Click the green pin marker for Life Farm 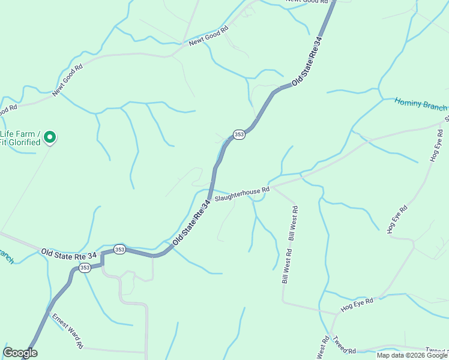pos(50,137)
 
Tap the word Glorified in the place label pos(25,142)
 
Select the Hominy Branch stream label pos(420,104)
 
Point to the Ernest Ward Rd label pos(67,331)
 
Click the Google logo pos(20,353)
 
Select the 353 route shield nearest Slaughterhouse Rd pos(239,134)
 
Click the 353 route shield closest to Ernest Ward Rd pos(85,268)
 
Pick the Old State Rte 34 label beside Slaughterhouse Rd pos(192,223)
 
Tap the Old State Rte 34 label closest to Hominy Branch pos(307,61)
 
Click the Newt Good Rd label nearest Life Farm pos(67,80)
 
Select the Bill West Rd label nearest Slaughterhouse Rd pos(294,223)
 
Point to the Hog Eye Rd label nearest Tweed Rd pos(357,304)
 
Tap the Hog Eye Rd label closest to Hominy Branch pos(436,145)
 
